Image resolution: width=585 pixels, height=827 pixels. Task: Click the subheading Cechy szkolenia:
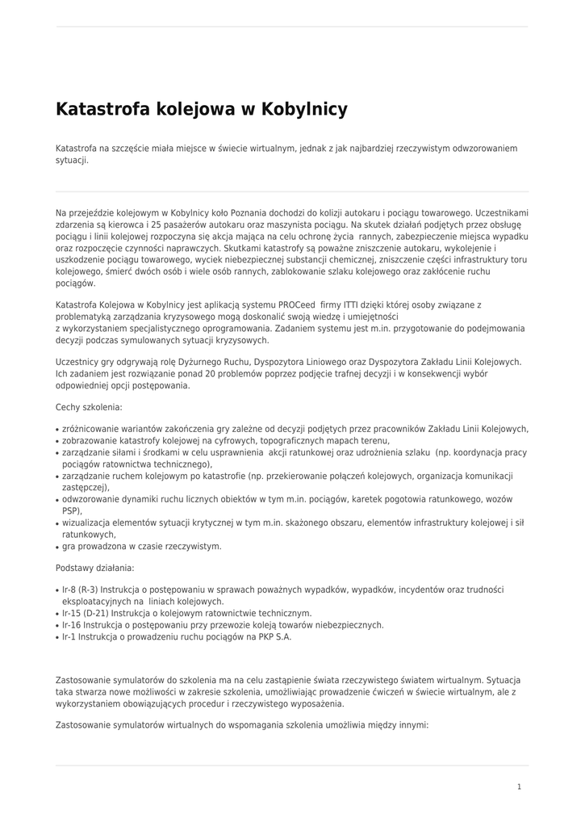89,408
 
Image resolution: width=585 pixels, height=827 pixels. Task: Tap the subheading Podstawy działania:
94,569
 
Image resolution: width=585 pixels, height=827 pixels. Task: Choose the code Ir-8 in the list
69,590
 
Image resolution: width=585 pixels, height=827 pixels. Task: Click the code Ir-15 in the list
71,613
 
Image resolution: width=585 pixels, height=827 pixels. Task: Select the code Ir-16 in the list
71,625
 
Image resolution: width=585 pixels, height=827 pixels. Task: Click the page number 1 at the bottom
520,787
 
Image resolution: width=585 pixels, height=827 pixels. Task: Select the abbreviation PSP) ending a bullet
71,511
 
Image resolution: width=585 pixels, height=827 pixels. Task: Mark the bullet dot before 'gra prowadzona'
57,548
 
